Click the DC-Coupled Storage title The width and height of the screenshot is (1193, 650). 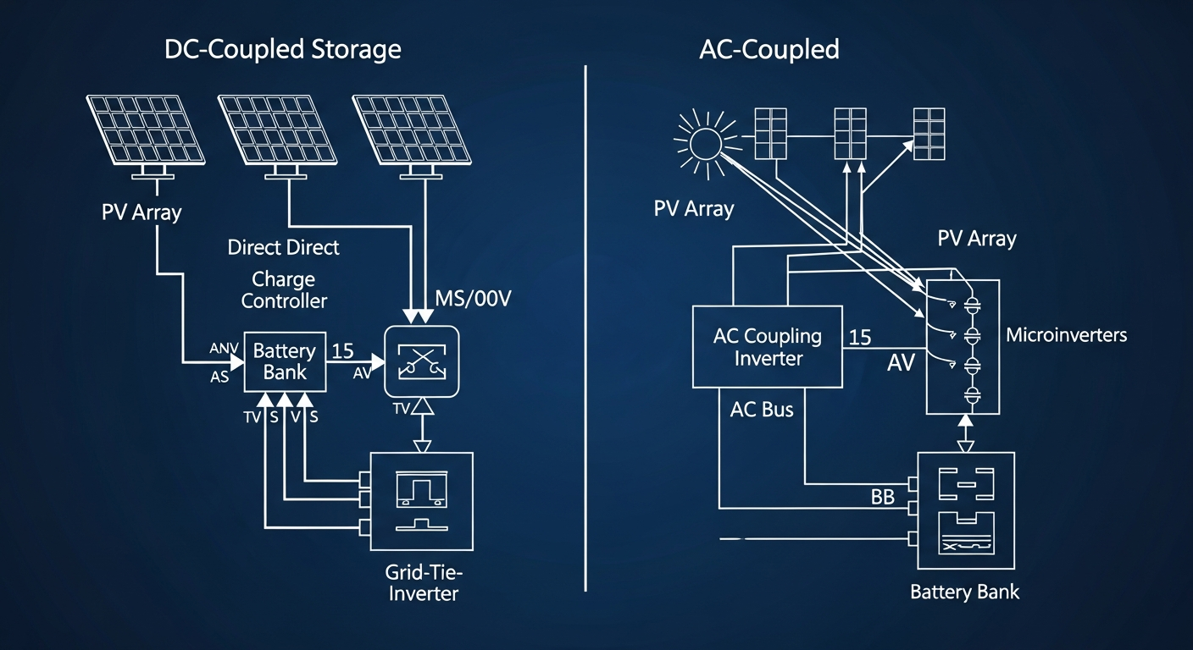[x=282, y=49]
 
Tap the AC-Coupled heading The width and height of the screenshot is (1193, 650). [x=769, y=49]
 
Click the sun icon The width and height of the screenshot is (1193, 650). [x=704, y=145]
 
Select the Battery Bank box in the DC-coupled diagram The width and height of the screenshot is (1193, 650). [x=285, y=361]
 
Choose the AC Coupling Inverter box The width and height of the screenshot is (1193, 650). [x=768, y=347]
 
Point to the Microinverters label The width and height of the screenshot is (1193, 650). [x=1066, y=335]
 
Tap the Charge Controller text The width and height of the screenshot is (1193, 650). [x=284, y=289]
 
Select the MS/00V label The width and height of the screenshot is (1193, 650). [x=473, y=300]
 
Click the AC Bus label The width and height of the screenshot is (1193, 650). [x=762, y=410]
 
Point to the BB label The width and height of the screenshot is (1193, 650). [x=882, y=498]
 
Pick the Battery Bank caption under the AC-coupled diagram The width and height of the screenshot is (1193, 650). [x=964, y=591]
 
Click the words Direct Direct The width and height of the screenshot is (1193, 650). [x=283, y=247]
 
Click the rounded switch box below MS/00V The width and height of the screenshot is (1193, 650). [x=421, y=361]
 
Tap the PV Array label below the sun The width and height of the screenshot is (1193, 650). [x=693, y=208]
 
